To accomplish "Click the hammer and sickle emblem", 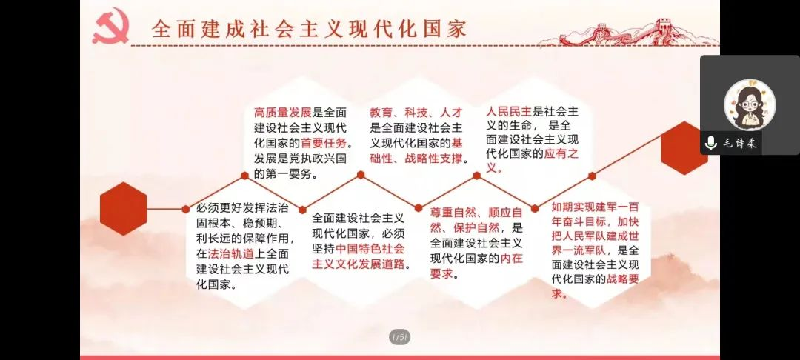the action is [110, 25].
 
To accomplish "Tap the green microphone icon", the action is [710, 143].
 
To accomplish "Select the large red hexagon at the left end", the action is [124, 209].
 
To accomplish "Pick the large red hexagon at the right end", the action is [684, 148].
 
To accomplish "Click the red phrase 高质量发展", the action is [283, 112].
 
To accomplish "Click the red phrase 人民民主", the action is [508, 111].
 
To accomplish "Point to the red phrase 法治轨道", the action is [230, 253].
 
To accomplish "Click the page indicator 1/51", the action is [400, 336].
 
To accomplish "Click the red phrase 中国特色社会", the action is [370, 249].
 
